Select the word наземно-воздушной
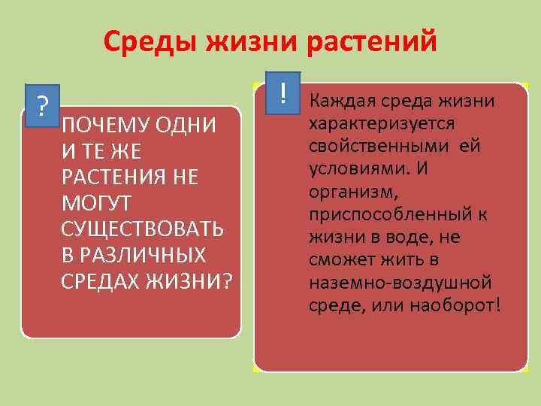point(400,283)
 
